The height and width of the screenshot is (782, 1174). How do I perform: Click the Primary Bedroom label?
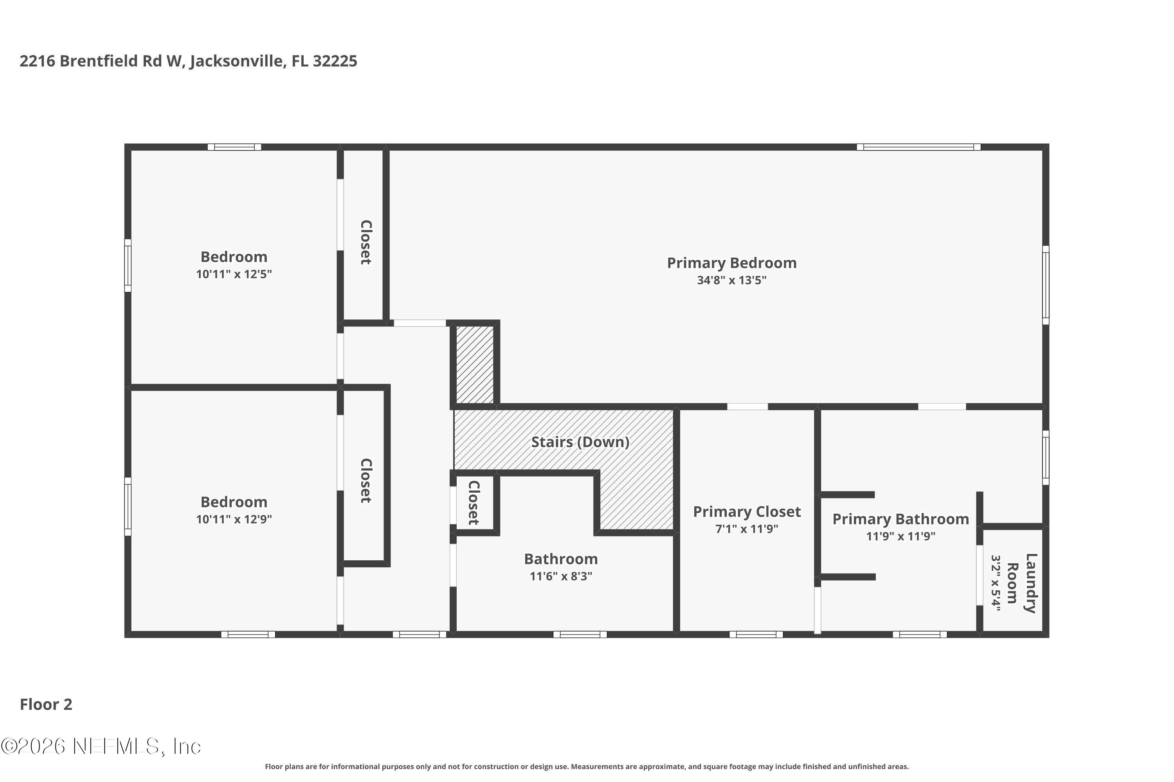(731, 263)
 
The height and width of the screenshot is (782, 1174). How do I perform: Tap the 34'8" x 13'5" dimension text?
(731, 280)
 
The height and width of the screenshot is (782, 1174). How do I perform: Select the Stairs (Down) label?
(580, 442)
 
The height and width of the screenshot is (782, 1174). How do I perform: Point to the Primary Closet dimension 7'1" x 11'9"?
(747, 529)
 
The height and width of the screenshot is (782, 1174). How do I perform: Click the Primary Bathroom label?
(900, 519)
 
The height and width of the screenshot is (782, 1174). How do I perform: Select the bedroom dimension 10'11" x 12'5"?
(234, 274)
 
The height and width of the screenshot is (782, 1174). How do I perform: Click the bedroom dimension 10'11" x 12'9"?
(234, 519)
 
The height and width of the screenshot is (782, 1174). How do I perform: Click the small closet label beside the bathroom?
(474, 503)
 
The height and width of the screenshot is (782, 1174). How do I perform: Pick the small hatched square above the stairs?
(475, 364)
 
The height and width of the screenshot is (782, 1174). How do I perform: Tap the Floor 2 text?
(46, 704)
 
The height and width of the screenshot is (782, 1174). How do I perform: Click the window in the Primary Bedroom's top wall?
(918, 147)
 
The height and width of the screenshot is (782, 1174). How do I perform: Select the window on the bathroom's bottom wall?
(580, 634)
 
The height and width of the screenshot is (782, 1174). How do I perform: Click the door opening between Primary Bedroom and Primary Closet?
(747, 407)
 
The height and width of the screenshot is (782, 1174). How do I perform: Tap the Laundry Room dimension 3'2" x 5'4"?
(996, 583)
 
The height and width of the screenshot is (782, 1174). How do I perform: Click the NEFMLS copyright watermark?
(101, 746)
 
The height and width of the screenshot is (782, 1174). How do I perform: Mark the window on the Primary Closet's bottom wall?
(756, 634)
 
